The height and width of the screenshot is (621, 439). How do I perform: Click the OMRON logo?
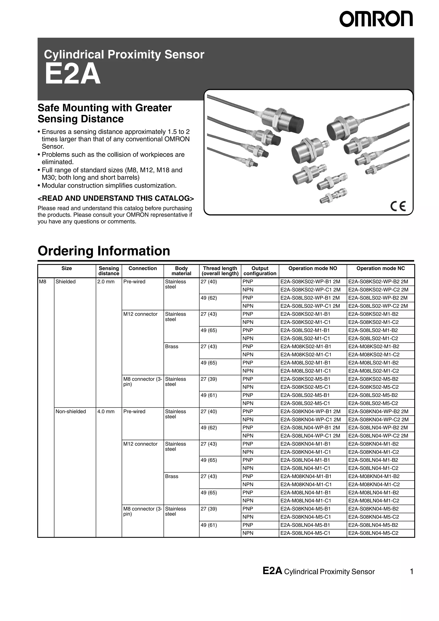[376, 19]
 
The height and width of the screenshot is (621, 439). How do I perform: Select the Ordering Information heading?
[104, 251]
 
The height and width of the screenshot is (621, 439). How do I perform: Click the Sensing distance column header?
[109, 271]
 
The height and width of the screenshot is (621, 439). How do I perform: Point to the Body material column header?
[181, 271]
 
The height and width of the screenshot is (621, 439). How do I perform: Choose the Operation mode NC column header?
[380, 268]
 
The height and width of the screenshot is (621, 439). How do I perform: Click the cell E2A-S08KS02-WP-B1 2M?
[310, 282]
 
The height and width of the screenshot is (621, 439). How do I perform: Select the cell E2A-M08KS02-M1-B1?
[306, 346]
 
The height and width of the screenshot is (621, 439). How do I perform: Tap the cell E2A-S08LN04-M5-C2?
[373, 533]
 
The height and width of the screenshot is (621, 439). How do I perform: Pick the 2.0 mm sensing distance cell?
[106, 282]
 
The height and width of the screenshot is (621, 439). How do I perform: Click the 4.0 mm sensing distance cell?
[106, 411]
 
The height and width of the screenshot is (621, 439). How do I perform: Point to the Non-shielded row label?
[71, 411]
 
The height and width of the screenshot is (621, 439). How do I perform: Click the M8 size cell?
[43, 282]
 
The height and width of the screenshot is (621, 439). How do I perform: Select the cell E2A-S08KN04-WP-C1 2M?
[310, 420]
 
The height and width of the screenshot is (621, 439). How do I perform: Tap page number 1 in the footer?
[411, 571]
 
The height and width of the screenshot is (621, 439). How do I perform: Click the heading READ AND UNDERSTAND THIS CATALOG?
[116, 198]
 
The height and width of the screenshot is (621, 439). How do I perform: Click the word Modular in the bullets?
[54, 186]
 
